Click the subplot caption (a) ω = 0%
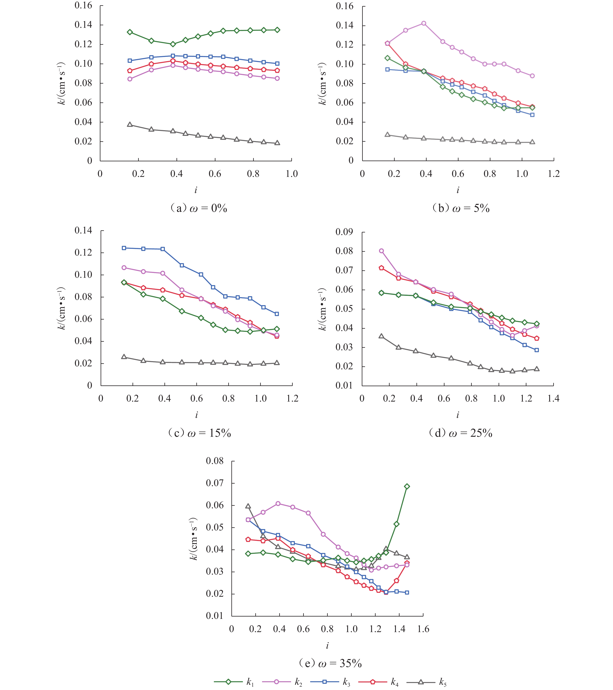[198, 208]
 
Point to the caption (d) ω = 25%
[460, 433]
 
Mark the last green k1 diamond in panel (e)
[407, 486]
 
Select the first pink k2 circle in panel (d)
[381, 251]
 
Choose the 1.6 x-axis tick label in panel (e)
[423, 629]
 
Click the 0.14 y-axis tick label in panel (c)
[83, 231]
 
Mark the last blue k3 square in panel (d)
[537, 350]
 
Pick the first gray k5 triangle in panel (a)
[130, 125]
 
